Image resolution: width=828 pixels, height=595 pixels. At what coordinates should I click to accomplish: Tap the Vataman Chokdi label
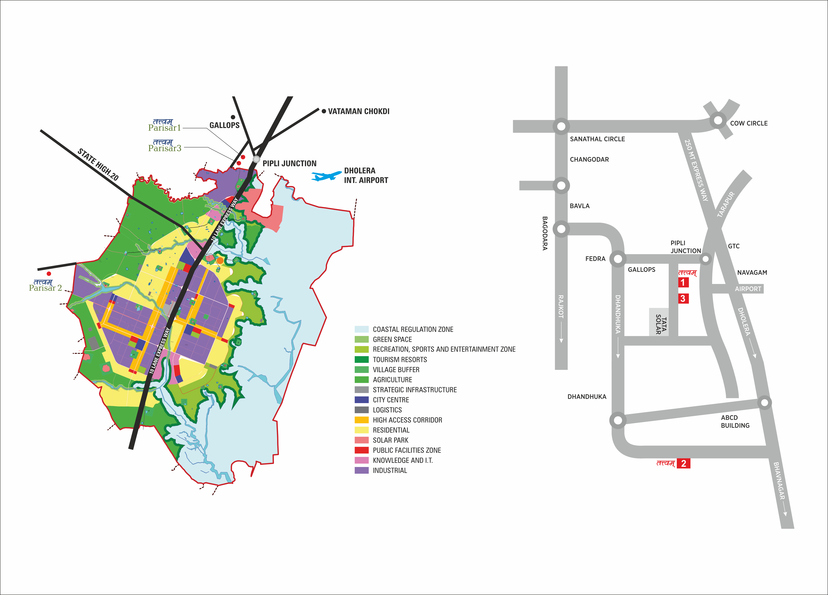pos(358,111)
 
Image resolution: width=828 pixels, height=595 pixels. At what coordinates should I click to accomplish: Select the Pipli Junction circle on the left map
pos(256,159)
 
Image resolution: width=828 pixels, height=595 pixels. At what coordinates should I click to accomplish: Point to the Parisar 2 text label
pos(45,288)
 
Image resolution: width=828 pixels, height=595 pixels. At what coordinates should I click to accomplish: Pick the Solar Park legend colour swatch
pos(361,440)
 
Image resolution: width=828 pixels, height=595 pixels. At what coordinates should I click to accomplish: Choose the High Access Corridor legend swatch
pos(361,420)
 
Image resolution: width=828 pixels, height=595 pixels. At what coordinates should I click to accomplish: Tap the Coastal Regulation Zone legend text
pos(413,329)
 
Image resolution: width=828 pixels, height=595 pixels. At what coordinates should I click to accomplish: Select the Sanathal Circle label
pos(597,139)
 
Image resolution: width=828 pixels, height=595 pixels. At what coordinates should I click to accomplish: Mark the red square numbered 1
pos(683,282)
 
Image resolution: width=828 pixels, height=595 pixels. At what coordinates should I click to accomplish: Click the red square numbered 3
pos(683,299)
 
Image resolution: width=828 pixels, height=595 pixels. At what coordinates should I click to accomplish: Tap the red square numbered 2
pos(683,464)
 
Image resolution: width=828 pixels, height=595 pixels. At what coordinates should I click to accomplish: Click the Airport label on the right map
pos(748,289)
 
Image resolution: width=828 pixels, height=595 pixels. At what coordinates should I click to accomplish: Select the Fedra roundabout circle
pos(618,259)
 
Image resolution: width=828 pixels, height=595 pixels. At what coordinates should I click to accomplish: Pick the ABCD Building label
pos(735,422)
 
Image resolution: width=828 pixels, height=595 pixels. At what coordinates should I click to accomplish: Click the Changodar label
pos(589,160)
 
